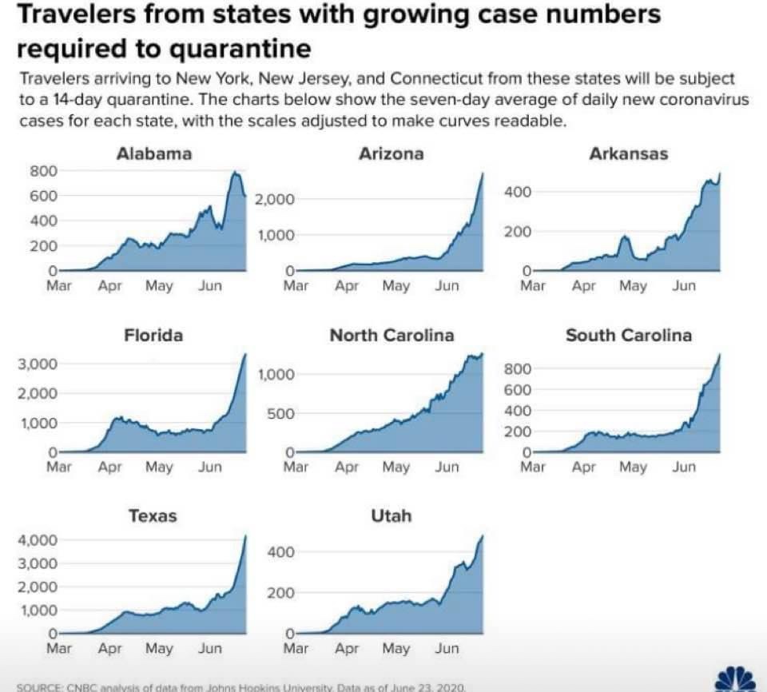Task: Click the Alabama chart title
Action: click(154, 154)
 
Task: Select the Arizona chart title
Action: click(391, 154)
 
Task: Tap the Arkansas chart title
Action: click(628, 154)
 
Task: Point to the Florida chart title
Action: click(153, 336)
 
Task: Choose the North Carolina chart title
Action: click(391, 336)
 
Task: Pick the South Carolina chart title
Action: click(629, 336)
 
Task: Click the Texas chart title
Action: click(153, 516)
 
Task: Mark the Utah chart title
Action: click(391, 516)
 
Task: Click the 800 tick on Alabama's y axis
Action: click(43, 171)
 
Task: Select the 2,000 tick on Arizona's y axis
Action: click(274, 199)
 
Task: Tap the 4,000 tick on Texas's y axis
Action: click(38, 540)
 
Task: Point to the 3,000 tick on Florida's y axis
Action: click(38, 364)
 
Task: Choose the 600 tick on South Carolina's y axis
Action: click(517, 390)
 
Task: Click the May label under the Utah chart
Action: click(396, 649)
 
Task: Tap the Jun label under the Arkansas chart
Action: click(684, 286)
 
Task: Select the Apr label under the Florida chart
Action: click(109, 467)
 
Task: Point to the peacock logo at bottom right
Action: click(734, 679)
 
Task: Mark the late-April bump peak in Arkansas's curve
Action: click(626, 236)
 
